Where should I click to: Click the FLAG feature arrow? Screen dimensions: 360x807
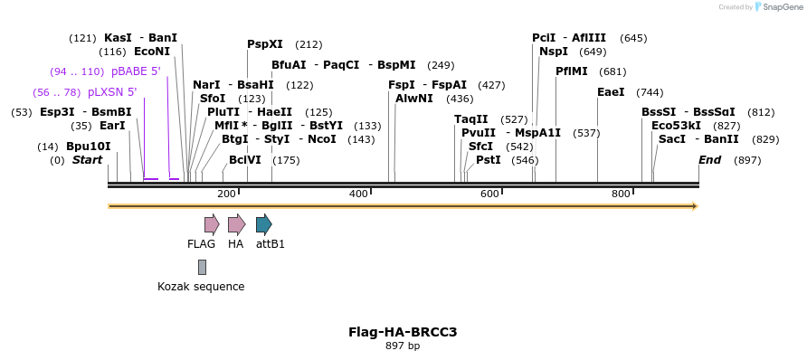tap(212, 224)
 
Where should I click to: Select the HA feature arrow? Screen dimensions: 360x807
tap(236, 224)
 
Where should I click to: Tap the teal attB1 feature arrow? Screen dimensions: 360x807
tap(263, 224)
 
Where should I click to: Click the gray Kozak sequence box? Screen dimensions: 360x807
tap(202, 267)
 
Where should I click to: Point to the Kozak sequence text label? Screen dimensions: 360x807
tap(201, 287)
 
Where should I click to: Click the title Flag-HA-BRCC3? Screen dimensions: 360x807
tap(403, 332)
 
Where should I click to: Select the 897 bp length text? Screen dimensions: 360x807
tap(403, 346)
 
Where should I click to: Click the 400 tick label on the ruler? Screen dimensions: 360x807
tap(358, 194)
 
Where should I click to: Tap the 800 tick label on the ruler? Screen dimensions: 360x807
tap(621, 194)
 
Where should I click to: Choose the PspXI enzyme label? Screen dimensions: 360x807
tap(265, 44)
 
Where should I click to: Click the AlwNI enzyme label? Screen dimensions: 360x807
tap(415, 99)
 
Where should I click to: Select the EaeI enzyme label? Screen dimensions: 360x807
tap(611, 92)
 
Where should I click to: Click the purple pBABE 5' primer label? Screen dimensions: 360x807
tap(137, 71)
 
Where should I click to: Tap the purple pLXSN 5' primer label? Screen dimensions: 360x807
tap(112, 92)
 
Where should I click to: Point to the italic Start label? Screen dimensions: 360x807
tap(88, 160)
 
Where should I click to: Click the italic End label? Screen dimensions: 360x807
tap(710, 160)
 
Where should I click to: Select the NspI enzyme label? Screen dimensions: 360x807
tap(554, 52)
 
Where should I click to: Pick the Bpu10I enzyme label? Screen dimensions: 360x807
tap(89, 147)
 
